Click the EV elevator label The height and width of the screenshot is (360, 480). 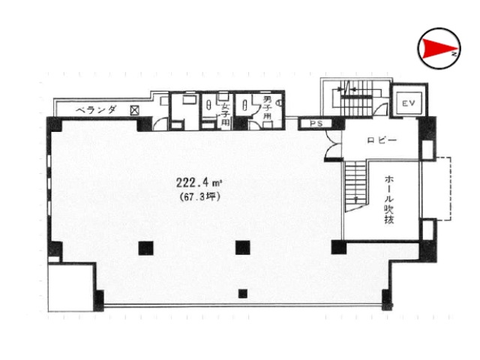409,103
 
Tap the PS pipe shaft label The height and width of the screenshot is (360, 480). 316,124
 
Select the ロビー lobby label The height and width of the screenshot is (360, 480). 382,140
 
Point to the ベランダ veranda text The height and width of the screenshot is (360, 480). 97,109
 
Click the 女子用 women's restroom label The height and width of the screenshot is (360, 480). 226,115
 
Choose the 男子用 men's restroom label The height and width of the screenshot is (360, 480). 268,108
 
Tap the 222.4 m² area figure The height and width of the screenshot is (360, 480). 199,183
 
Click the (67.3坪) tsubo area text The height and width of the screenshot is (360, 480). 200,196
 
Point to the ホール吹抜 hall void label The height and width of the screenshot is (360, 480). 388,199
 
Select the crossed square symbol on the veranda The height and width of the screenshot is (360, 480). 134,110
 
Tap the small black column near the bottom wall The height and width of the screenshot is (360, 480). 243,293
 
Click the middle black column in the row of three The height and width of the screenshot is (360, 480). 243,247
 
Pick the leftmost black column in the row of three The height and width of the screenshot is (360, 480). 145,248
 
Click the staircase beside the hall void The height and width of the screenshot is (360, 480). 356,186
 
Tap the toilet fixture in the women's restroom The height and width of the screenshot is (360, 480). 208,106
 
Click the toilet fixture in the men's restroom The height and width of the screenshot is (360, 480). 244,106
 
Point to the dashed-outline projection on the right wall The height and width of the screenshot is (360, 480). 436,188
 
